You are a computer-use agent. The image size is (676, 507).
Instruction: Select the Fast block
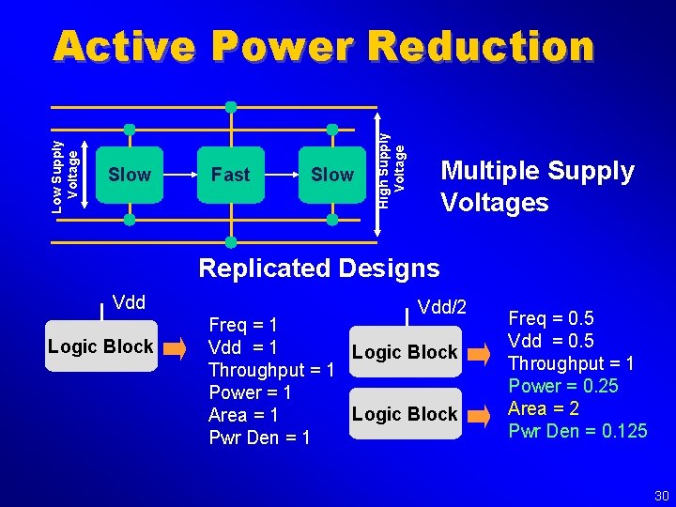230,175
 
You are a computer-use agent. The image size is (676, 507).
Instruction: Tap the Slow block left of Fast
130,175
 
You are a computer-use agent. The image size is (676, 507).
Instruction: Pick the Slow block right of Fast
331,175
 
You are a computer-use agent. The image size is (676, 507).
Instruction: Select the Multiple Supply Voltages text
537,186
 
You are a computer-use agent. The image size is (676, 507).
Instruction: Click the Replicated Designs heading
318,269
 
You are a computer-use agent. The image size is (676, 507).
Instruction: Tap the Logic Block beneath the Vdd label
100,346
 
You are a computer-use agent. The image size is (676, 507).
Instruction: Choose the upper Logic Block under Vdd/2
404,352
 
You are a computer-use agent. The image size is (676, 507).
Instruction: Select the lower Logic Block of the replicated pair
404,414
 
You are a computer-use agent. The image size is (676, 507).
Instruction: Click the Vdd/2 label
441,308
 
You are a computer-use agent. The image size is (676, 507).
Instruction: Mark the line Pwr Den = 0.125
577,431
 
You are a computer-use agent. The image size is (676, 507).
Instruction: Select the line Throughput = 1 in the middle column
271,370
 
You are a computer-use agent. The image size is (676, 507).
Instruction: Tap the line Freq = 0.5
550,318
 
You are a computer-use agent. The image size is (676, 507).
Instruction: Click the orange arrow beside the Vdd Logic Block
177,351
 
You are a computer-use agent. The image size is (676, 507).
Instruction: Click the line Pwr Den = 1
259,438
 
